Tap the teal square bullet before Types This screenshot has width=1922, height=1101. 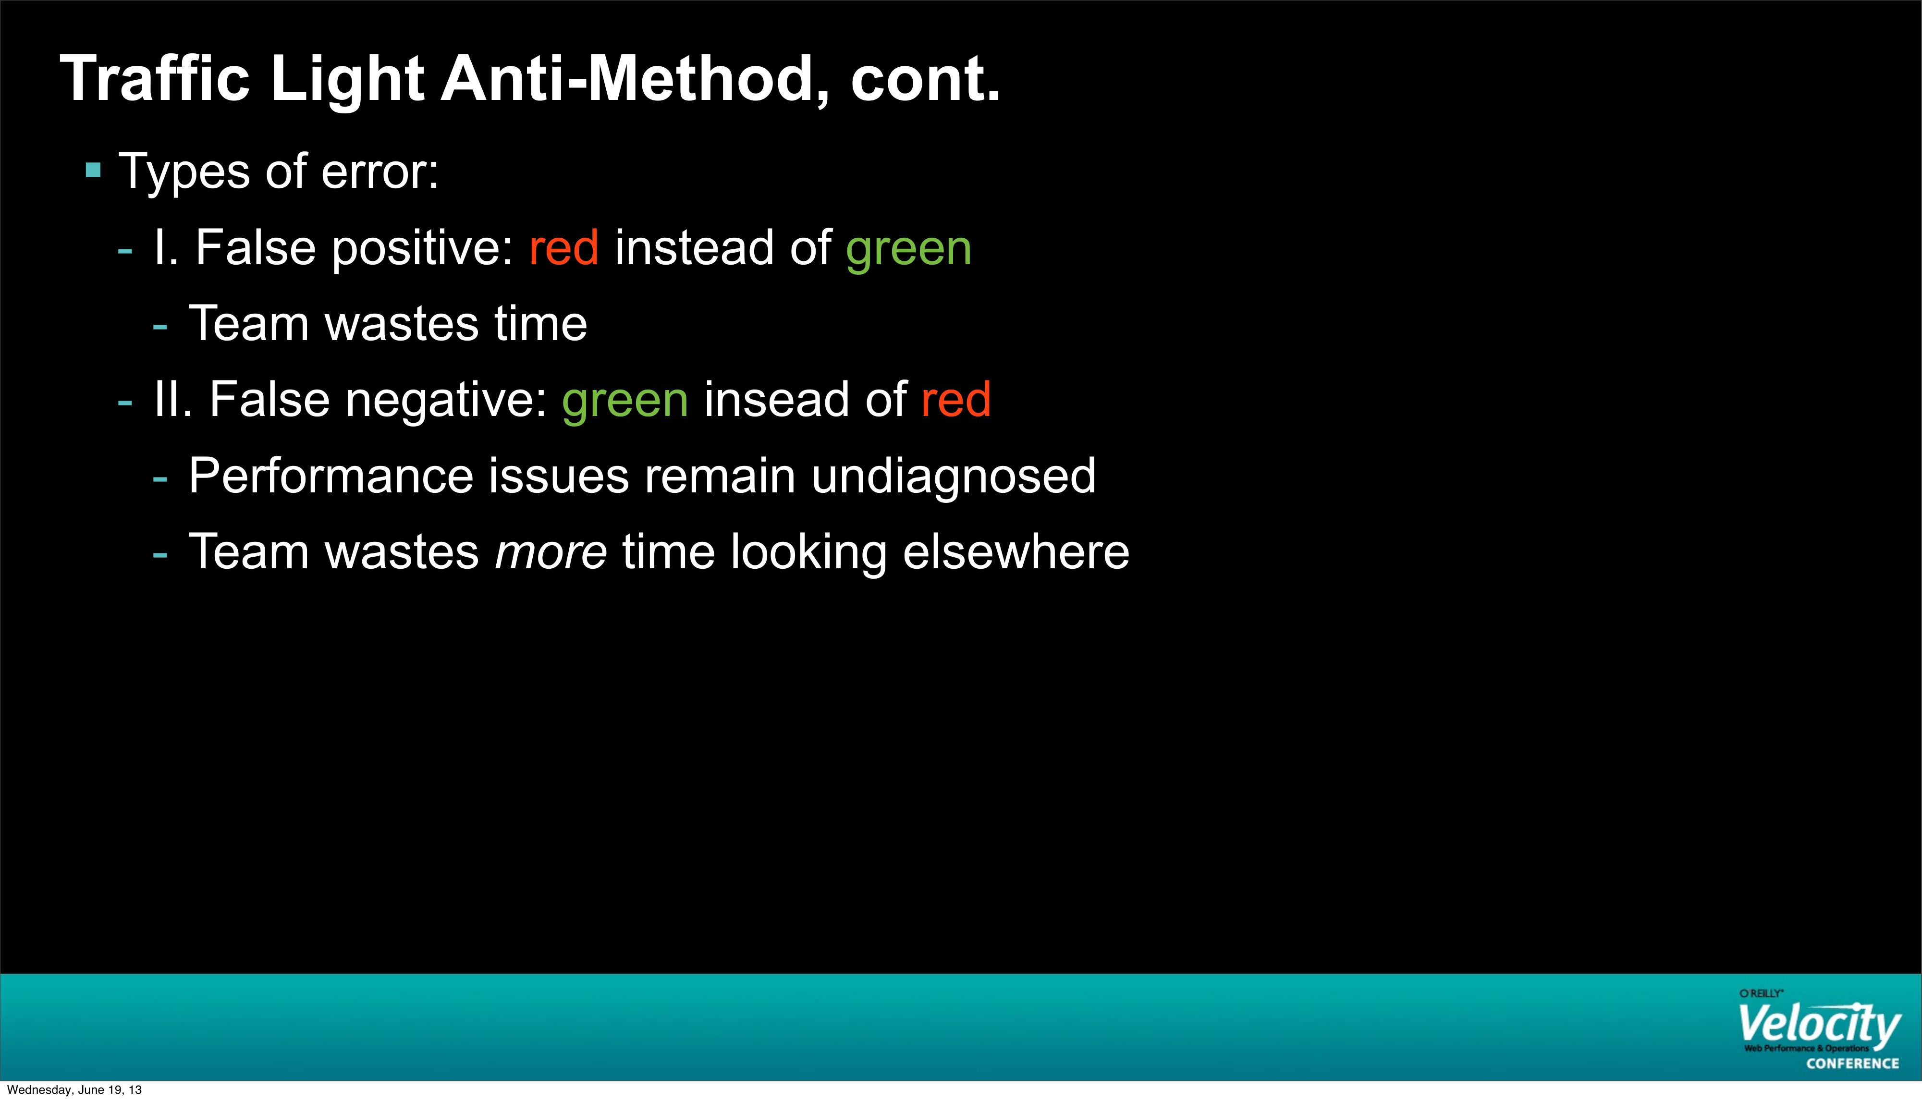pos(93,170)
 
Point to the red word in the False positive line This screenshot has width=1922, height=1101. pos(564,247)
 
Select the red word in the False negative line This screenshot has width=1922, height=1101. pos(955,399)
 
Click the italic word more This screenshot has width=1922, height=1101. pos(551,552)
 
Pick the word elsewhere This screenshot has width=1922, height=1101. pos(1016,551)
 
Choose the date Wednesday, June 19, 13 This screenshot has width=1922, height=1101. pos(74,1089)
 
